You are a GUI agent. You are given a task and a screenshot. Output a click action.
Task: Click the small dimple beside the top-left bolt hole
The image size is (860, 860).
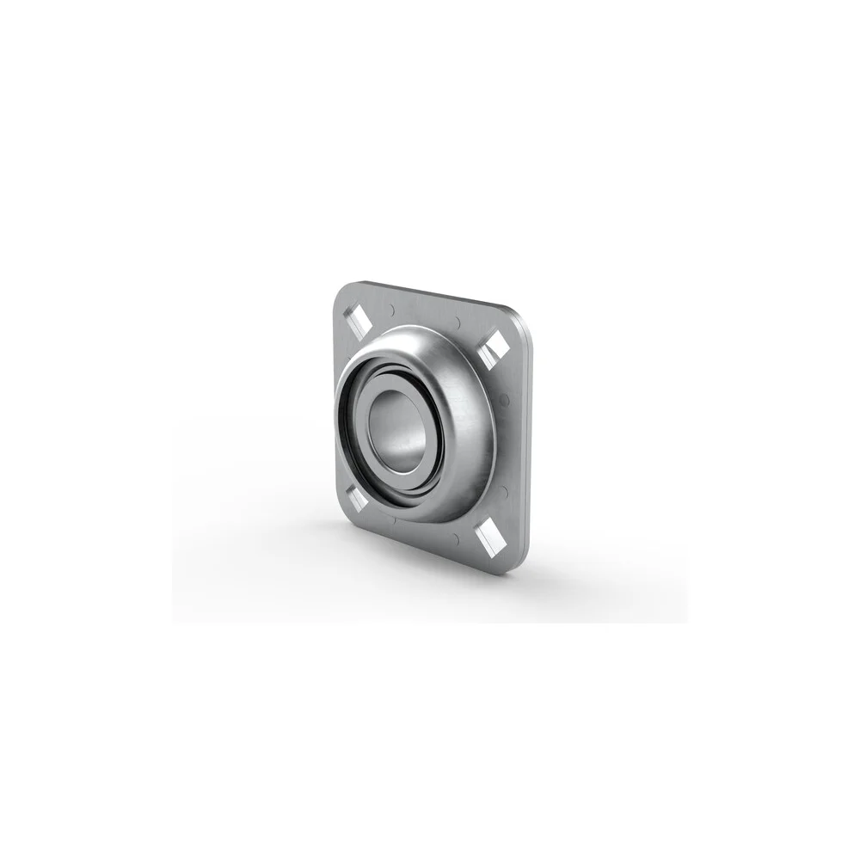[391, 308]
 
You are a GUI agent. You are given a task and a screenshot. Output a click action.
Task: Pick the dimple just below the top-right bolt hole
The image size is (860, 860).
[504, 397]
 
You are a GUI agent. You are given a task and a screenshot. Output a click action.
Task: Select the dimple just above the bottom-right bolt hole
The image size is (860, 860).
[503, 492]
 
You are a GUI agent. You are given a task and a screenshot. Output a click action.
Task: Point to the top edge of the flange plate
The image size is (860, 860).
[430, 292]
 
